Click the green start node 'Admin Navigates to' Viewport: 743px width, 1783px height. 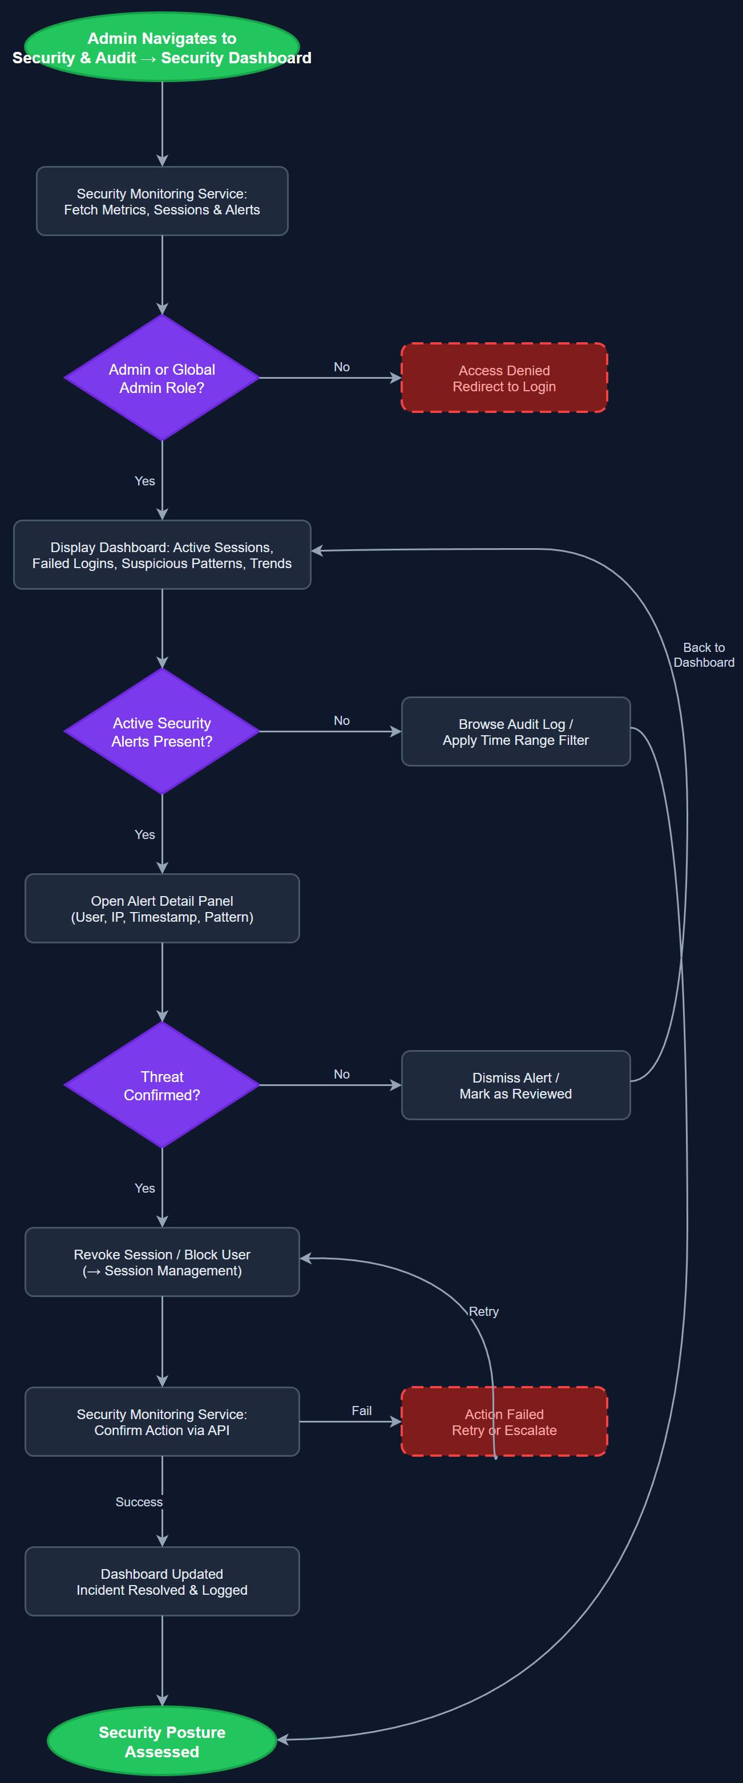[162, 47]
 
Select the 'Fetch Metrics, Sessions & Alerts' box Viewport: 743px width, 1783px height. [162, 201]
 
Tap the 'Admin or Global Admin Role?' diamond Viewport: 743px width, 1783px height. [162, 378]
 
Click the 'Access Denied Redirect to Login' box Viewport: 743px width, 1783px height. [504, 378]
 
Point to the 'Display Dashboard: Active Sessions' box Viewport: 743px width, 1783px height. [162, 555]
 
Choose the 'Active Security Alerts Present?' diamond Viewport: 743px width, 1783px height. [162, 732]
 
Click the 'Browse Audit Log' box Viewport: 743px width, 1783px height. [515, 732]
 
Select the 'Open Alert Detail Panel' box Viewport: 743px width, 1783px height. [162, 908]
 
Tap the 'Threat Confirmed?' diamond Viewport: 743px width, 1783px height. [162, 1085]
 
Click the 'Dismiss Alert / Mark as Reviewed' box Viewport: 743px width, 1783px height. [515, 1085]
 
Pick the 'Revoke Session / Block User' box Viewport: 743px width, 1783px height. [162, 1262]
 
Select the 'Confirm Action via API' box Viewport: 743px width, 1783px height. [162, 1422]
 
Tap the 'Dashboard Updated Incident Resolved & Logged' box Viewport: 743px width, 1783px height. [162, 1582]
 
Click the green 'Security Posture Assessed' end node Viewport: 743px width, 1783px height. [162, 1741]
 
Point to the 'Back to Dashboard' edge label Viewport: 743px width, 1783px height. [704, 655]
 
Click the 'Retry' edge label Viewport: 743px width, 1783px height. [483, 1312]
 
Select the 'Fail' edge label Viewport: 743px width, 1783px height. [361, 1411]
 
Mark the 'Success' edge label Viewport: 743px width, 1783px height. [139, 1502]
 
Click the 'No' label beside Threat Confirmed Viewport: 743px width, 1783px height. [341, 1074]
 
